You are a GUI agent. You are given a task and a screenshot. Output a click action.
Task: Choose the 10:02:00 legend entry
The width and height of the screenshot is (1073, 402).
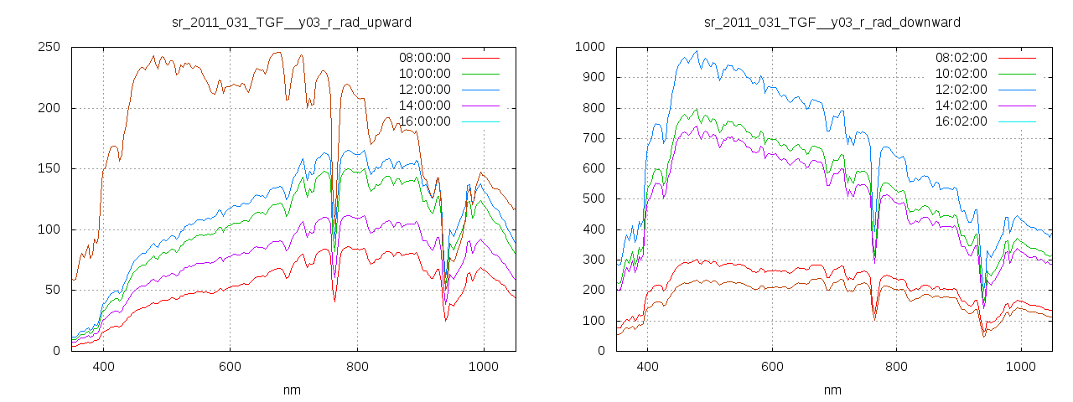pos(962,74)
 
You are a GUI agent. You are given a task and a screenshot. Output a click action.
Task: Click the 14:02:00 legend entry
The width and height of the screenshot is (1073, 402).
pos(962,106)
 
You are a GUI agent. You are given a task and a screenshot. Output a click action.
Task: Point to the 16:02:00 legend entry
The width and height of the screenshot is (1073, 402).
pos(962,121)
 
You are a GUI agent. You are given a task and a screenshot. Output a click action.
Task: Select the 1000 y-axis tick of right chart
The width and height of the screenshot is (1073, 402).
pos(590,47)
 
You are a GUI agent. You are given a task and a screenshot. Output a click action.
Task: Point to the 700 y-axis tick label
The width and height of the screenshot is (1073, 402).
pos(594,138)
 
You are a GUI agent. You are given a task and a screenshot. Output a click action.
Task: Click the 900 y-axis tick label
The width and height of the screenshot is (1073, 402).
pos(594,77)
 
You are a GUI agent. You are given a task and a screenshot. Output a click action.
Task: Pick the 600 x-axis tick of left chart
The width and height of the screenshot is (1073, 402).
pos(230,367)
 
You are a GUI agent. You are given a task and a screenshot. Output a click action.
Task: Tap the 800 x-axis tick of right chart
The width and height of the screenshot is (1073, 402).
pos(896,367)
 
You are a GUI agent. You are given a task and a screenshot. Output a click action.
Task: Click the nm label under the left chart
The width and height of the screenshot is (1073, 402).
pos(293,389)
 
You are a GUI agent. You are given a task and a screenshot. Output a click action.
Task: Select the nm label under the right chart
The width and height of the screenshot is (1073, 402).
pos(832,389)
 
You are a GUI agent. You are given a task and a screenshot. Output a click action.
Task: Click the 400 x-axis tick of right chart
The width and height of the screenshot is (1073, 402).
pos(647,367)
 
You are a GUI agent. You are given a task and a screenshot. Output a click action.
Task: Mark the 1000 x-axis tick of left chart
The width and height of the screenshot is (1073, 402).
pos(483,367)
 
